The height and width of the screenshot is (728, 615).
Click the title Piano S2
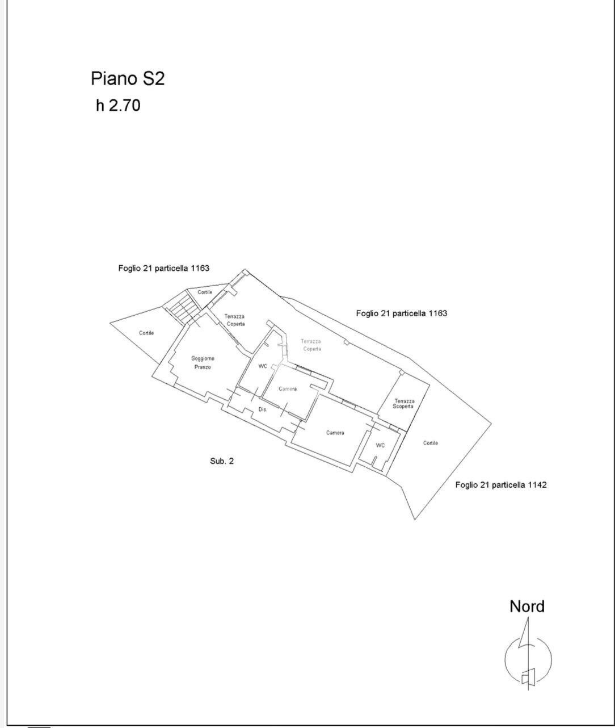click(x=128, y=78)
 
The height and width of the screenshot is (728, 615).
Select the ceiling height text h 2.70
click(x=118, y=105)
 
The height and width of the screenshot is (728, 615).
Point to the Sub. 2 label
click(x=222, y=461)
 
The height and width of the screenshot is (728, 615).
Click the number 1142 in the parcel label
click(x=537, y=485)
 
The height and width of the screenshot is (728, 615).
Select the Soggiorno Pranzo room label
click(x=203, y=362)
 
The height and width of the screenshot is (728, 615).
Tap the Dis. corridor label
click(x=263, y=409)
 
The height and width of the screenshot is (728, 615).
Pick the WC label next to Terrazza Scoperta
click(x=380, y=445)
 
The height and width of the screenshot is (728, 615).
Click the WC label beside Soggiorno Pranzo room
click(x=263, y=366)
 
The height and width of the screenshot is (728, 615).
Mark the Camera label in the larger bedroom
click(x=335, y=433)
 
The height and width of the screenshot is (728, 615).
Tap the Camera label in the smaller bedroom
click(x=288, y=389)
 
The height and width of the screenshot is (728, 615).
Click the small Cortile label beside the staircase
click(x=205, y=292)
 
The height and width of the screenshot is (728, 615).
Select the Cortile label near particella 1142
click(x=430, y=443)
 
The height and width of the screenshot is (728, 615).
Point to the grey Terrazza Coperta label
click(x=311, y=345)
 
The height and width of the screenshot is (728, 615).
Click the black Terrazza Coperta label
click(x=235, y=320)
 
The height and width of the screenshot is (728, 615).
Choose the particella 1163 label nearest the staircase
click(x=163, y=269)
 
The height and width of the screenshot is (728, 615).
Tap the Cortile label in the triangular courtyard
click(x=146, y=333)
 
